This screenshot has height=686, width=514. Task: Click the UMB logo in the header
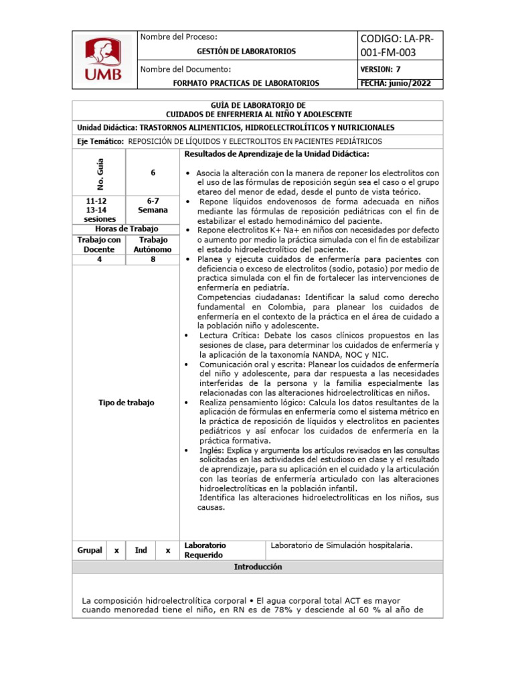point(103,60)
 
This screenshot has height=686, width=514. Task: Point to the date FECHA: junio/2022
point(396,83)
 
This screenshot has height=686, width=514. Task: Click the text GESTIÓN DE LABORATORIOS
point(246,51)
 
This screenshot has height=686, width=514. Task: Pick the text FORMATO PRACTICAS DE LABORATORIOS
point(246,83)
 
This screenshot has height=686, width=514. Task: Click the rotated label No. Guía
point(100,172)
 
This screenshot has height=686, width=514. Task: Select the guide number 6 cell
point(153,173)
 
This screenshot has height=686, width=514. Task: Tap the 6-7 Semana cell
point(153,205)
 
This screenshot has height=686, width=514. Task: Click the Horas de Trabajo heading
point(125,228)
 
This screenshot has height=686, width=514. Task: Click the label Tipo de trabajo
point(126,403)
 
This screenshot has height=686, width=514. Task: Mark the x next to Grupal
point(116,550)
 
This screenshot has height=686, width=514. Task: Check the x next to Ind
point(167,550)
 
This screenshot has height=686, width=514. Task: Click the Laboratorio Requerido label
point(205,550)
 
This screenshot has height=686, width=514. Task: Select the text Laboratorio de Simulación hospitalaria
point(341,545)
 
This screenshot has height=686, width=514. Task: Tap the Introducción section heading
point(258,567)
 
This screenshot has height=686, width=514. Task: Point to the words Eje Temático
point(100,141)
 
